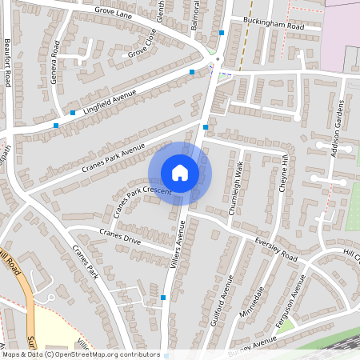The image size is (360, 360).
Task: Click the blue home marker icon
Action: click(x=180, y=173)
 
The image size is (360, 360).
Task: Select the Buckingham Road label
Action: click(x=274, y=26)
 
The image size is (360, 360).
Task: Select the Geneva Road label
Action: click(x=55, y=60)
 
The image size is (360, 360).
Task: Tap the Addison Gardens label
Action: click(x=337, y=127)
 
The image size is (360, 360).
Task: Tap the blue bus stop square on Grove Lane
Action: click(x=222, y=34)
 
